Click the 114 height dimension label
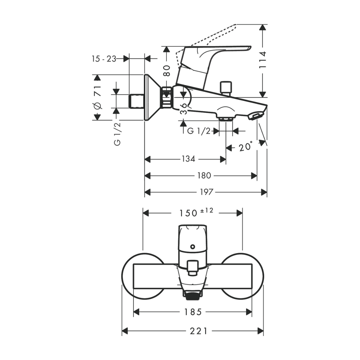[263, 60]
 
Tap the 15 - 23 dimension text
[104, 59]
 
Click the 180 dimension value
[204, 176]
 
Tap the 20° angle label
[245, 147]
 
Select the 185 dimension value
[193, 312]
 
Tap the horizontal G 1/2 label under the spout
[199, 131]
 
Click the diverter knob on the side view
[226, 87]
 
